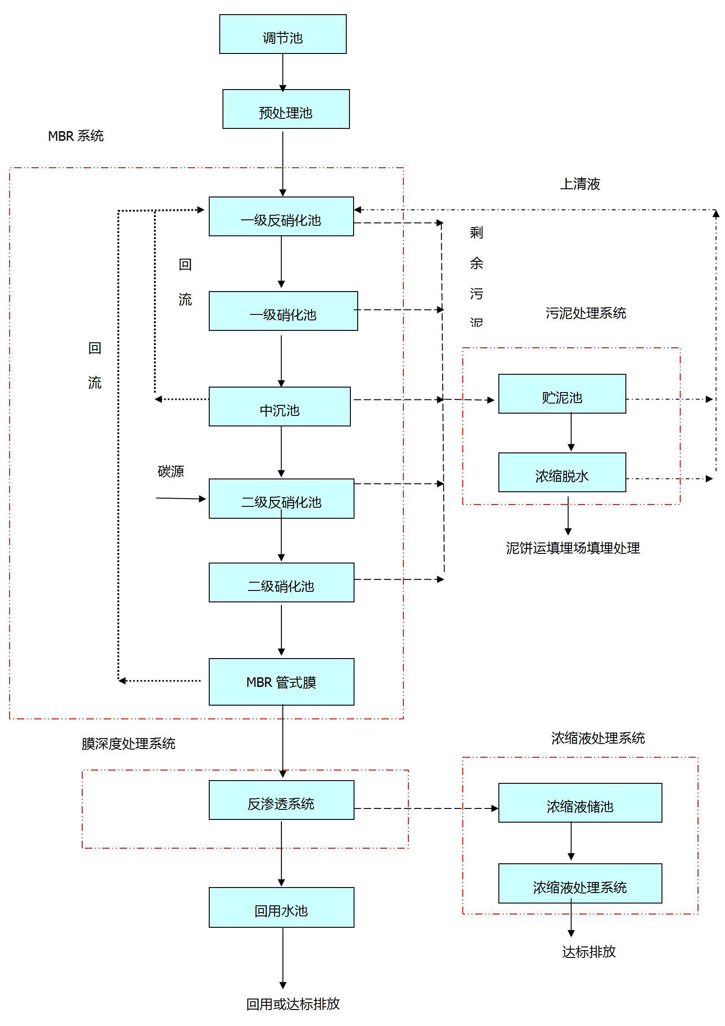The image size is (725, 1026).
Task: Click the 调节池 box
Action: tap(283, 34)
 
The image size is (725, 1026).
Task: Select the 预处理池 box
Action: tap(286, 109)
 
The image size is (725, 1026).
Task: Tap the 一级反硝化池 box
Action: tap(281, 217)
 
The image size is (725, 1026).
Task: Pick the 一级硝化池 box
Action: tap(283, 311)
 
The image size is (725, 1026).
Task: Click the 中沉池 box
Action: tap(280, 407)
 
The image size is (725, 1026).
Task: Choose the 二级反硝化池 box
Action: tap(281, 499)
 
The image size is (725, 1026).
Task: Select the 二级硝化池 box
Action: tap(281, 583)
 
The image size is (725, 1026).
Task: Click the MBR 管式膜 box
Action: tap(281, 682)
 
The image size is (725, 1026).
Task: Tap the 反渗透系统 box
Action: tap(281, 800)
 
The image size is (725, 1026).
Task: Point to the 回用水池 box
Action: tap(281, 908)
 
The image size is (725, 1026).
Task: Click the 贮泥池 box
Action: tap(562, 394)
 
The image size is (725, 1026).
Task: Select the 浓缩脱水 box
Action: tap(562, 473)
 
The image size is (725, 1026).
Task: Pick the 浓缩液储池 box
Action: tap(580, 803)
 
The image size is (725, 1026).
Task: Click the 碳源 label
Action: tap(171, 471)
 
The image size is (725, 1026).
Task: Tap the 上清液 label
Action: tap(580, 184)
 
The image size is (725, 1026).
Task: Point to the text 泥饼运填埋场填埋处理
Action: tap(573, 548)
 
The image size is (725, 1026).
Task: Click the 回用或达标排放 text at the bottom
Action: tap(293, 1004)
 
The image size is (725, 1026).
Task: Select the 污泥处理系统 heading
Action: tap(586, 313)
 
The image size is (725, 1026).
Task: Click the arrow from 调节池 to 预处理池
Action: tap(283, 72)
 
